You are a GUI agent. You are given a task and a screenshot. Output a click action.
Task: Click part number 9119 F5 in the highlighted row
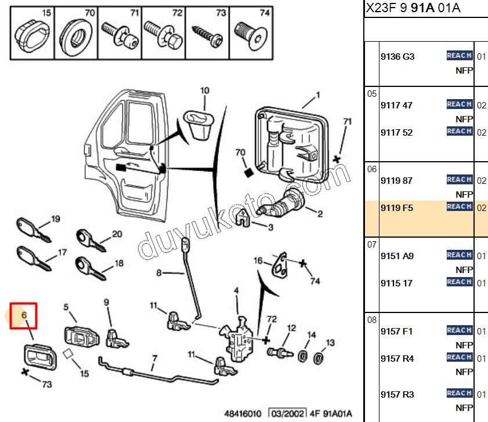[x=397, y=208]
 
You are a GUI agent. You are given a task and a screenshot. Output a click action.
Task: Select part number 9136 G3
[x=397, y=57]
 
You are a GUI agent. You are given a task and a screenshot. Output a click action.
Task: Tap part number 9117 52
[x=397, y=132]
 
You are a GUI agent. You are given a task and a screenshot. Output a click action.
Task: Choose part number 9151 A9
[x=397, y=256]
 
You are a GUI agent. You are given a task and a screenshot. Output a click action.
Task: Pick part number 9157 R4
[x=397, y=358]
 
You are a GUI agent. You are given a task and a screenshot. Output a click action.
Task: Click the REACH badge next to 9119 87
[x=459, y=180]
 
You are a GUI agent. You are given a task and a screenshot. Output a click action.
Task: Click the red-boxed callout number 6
[x=24, y=315]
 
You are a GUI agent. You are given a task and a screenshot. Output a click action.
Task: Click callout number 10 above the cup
[x=204, y=90]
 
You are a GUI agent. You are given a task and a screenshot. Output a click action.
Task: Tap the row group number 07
[x=372, y=245]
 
